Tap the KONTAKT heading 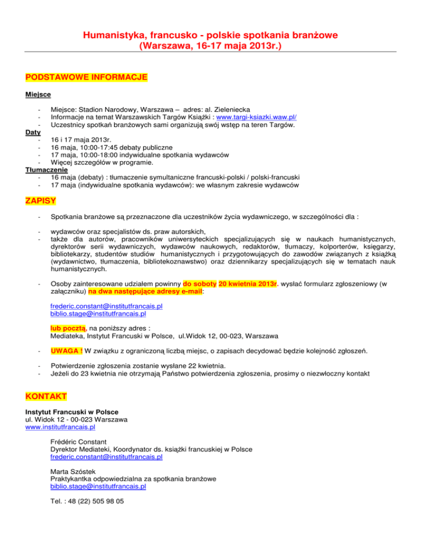[x=46, y=395]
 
